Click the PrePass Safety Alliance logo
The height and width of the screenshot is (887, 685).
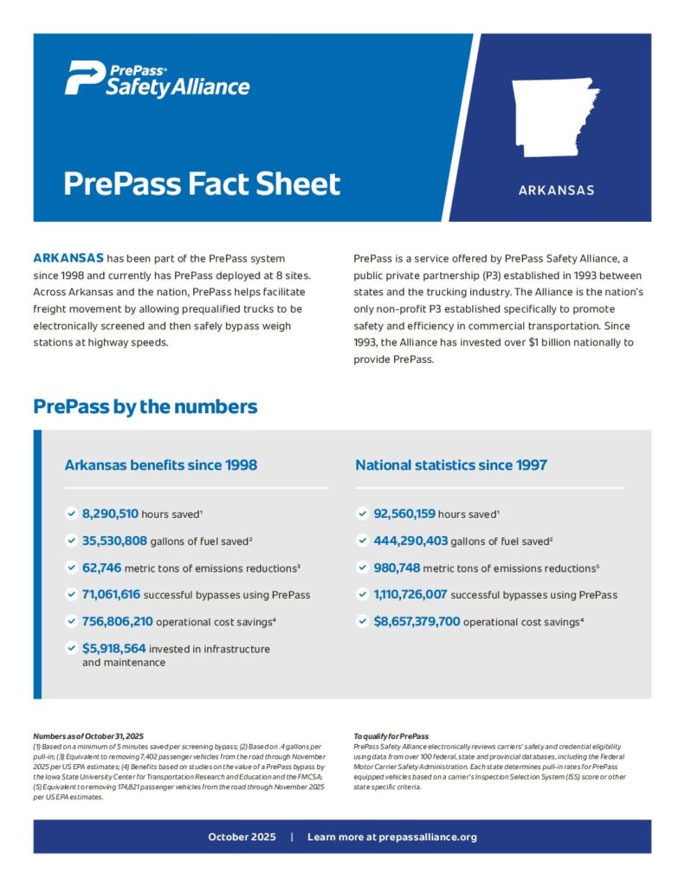pos(157,80)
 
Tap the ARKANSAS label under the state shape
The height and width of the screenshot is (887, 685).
pos(556,190)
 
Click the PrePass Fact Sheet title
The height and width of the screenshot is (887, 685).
pos(203,185)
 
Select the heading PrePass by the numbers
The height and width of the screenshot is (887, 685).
pos(145,406)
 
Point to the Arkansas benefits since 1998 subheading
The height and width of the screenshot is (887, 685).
pos(161,465)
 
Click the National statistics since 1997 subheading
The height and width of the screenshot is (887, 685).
pos(451,465)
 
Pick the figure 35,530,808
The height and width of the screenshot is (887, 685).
pos(120,541)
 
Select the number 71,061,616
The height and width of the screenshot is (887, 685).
pos(117,594)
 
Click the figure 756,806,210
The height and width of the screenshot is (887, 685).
pos(118,621)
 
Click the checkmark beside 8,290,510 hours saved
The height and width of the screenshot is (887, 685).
pos(70,514)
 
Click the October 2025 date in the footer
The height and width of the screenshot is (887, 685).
pos(242,837)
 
